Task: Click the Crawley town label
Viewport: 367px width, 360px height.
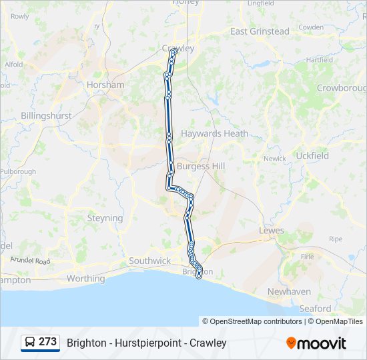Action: pyautogui.click(x=178, y=48)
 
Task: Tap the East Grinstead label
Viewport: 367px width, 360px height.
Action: pyautogui.click(x=260, y=31)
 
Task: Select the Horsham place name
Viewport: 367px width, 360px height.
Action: pyautogui.click(x=105, y=85)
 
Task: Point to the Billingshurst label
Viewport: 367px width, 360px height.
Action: pyautogui.click(x=46, y=115)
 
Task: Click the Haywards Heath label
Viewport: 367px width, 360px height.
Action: pyautogui.click(x=214, y=133)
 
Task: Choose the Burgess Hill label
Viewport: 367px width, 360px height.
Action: pyautogui.click(x=201, y=166)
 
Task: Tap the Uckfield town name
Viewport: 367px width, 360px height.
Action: pyautogui.click(x=312, y=155)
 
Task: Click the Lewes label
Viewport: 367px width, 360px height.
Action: pyautogui.click(x=272, y=231)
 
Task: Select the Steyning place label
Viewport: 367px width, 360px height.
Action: pyautogui.click(x=105, y=218)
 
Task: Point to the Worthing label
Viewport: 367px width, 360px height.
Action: pyautogui.click(x=85, y=279)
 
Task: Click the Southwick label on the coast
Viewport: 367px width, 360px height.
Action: pyautogui.click(x=149, y=261)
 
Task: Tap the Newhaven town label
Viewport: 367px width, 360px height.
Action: pyautogui.click(x=289, y=292)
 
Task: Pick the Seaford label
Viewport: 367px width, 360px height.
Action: pyautogui.click(x=315, y=309)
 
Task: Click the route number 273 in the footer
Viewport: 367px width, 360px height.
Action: pyautogui.click(x=47, y=342)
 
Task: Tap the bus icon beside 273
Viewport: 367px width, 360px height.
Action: pyautogui.click(x=31, y=343)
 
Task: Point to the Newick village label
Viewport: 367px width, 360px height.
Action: pyautogui.click(x=274, y=159)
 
